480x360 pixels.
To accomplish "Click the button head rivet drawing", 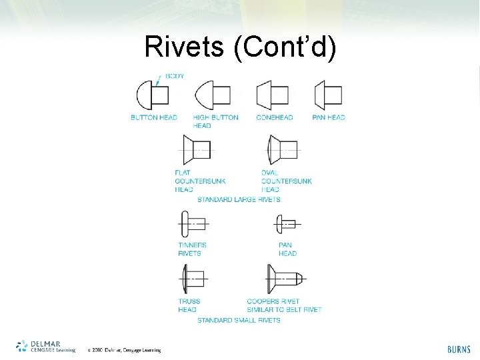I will [153, 96].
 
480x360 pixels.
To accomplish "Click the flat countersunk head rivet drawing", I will [196, 149].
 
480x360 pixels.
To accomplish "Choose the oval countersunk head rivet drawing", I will [282, 149].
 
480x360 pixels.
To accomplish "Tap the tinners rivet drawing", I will [193, 223].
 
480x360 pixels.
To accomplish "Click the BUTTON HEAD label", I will [154, 118].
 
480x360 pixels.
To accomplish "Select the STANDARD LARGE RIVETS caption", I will [239, 199].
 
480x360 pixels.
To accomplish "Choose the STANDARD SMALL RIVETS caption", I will [239, 320].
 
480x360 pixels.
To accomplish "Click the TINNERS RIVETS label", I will [192, 249].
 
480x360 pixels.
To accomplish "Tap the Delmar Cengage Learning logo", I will [45, 345].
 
